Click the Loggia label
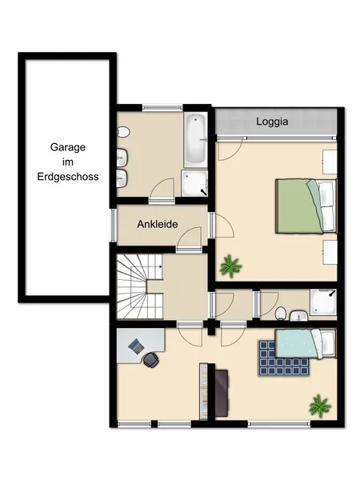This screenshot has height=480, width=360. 272,122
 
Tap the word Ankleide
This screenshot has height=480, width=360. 158,224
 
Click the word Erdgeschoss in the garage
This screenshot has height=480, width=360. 68,177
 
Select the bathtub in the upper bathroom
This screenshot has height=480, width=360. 195,139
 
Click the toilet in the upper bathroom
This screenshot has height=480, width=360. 123,132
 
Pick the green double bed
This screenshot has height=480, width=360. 306,206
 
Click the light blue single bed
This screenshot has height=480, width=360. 306,343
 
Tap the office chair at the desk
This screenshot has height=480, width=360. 151,360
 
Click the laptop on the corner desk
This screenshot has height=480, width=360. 137,346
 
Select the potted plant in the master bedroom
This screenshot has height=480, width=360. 230,266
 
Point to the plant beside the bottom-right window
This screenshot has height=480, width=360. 320,406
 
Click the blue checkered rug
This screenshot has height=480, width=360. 283,358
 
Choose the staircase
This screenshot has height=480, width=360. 139,287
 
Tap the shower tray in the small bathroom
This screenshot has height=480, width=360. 323,302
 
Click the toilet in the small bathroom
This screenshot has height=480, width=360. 281,314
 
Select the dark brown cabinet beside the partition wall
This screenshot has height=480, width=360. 222,393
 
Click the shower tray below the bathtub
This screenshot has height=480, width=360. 194,183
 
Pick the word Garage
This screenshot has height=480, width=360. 68,147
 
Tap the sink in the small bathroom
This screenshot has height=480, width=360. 298,315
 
